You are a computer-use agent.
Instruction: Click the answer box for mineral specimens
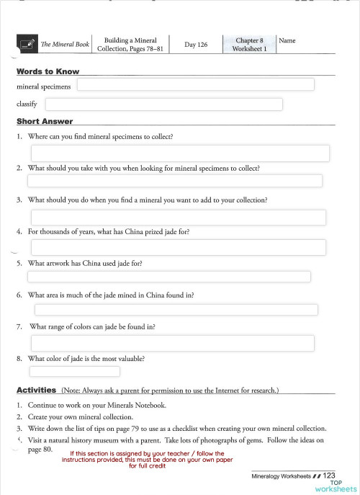pos(195,85)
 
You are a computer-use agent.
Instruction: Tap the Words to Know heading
pos(48,72)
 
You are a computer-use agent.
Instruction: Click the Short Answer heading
pos(44,122)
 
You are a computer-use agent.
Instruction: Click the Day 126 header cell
pos(196,45)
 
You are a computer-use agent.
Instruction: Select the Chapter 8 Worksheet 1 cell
pos(249,45)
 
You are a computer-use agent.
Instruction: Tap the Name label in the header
pos(287,41)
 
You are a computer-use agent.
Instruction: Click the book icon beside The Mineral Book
pos(27,45)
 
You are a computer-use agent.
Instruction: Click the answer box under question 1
pos(179,153)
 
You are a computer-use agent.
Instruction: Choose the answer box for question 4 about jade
pos(178,247)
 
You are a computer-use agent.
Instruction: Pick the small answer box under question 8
pos(74,372)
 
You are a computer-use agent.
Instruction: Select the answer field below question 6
pos(176,310)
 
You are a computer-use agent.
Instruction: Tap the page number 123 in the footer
pos(329,476)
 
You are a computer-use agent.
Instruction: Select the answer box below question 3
pos(178,218)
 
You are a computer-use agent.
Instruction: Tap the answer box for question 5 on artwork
pos(169,277)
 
